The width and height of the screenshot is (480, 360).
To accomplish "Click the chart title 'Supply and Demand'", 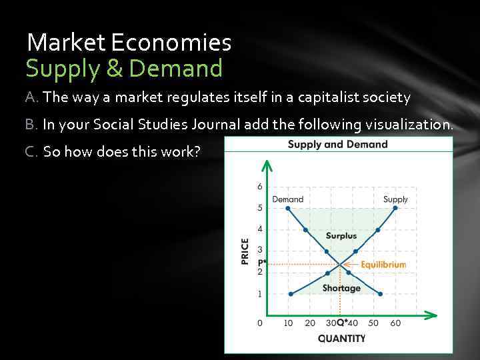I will pos(337,144).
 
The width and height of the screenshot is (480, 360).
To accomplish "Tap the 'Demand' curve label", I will pos(287,199).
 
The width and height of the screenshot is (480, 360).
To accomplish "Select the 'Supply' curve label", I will pos(395,199).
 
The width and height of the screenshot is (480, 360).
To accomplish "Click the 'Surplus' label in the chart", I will pos(341,235).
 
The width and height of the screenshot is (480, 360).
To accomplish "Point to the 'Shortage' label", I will pos(341,288).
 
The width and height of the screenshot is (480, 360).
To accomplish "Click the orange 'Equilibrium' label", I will pos(383,264).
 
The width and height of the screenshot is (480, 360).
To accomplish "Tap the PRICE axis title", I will pos(245,251).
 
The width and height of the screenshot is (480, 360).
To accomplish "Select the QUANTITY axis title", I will pos(341,338).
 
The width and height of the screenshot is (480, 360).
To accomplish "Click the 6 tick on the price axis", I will pos(260,187).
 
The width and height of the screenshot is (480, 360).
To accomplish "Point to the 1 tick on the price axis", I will pos(260,293).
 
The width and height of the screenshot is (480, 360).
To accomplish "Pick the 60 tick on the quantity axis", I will pos(395,323).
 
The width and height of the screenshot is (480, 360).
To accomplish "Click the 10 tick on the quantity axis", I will pos(288,323).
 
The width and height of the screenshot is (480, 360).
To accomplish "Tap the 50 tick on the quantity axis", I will pos(373,323).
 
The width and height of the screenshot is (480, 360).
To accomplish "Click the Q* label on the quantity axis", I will pos(341,323).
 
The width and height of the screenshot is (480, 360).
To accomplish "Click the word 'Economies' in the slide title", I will pos(171,43).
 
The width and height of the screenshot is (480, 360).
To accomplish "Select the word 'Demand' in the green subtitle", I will pos(176,68).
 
